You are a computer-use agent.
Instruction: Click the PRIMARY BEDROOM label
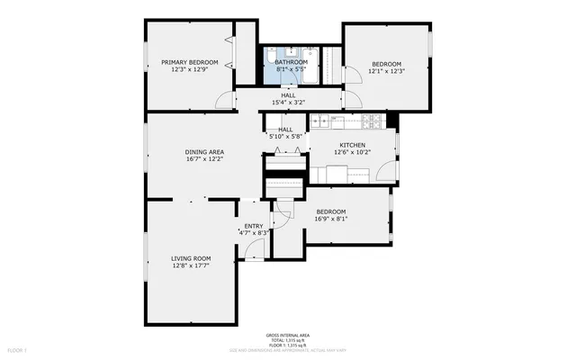tap(190, 62)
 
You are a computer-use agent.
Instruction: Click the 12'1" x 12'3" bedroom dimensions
tap(386, 71)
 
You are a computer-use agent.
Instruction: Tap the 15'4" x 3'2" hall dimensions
tap(288, 103)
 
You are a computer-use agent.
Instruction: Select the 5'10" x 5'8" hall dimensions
tap(285, 137)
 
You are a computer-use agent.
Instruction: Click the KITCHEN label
tap(352, 145)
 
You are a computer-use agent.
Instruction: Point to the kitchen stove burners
tap(368, 121)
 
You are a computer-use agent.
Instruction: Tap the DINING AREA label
tap(204, 151)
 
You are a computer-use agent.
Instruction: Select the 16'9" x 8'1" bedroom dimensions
tap(330, 219)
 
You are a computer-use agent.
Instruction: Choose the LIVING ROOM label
tap(190, 258)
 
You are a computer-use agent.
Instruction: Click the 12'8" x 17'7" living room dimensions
tap(190, 266)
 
